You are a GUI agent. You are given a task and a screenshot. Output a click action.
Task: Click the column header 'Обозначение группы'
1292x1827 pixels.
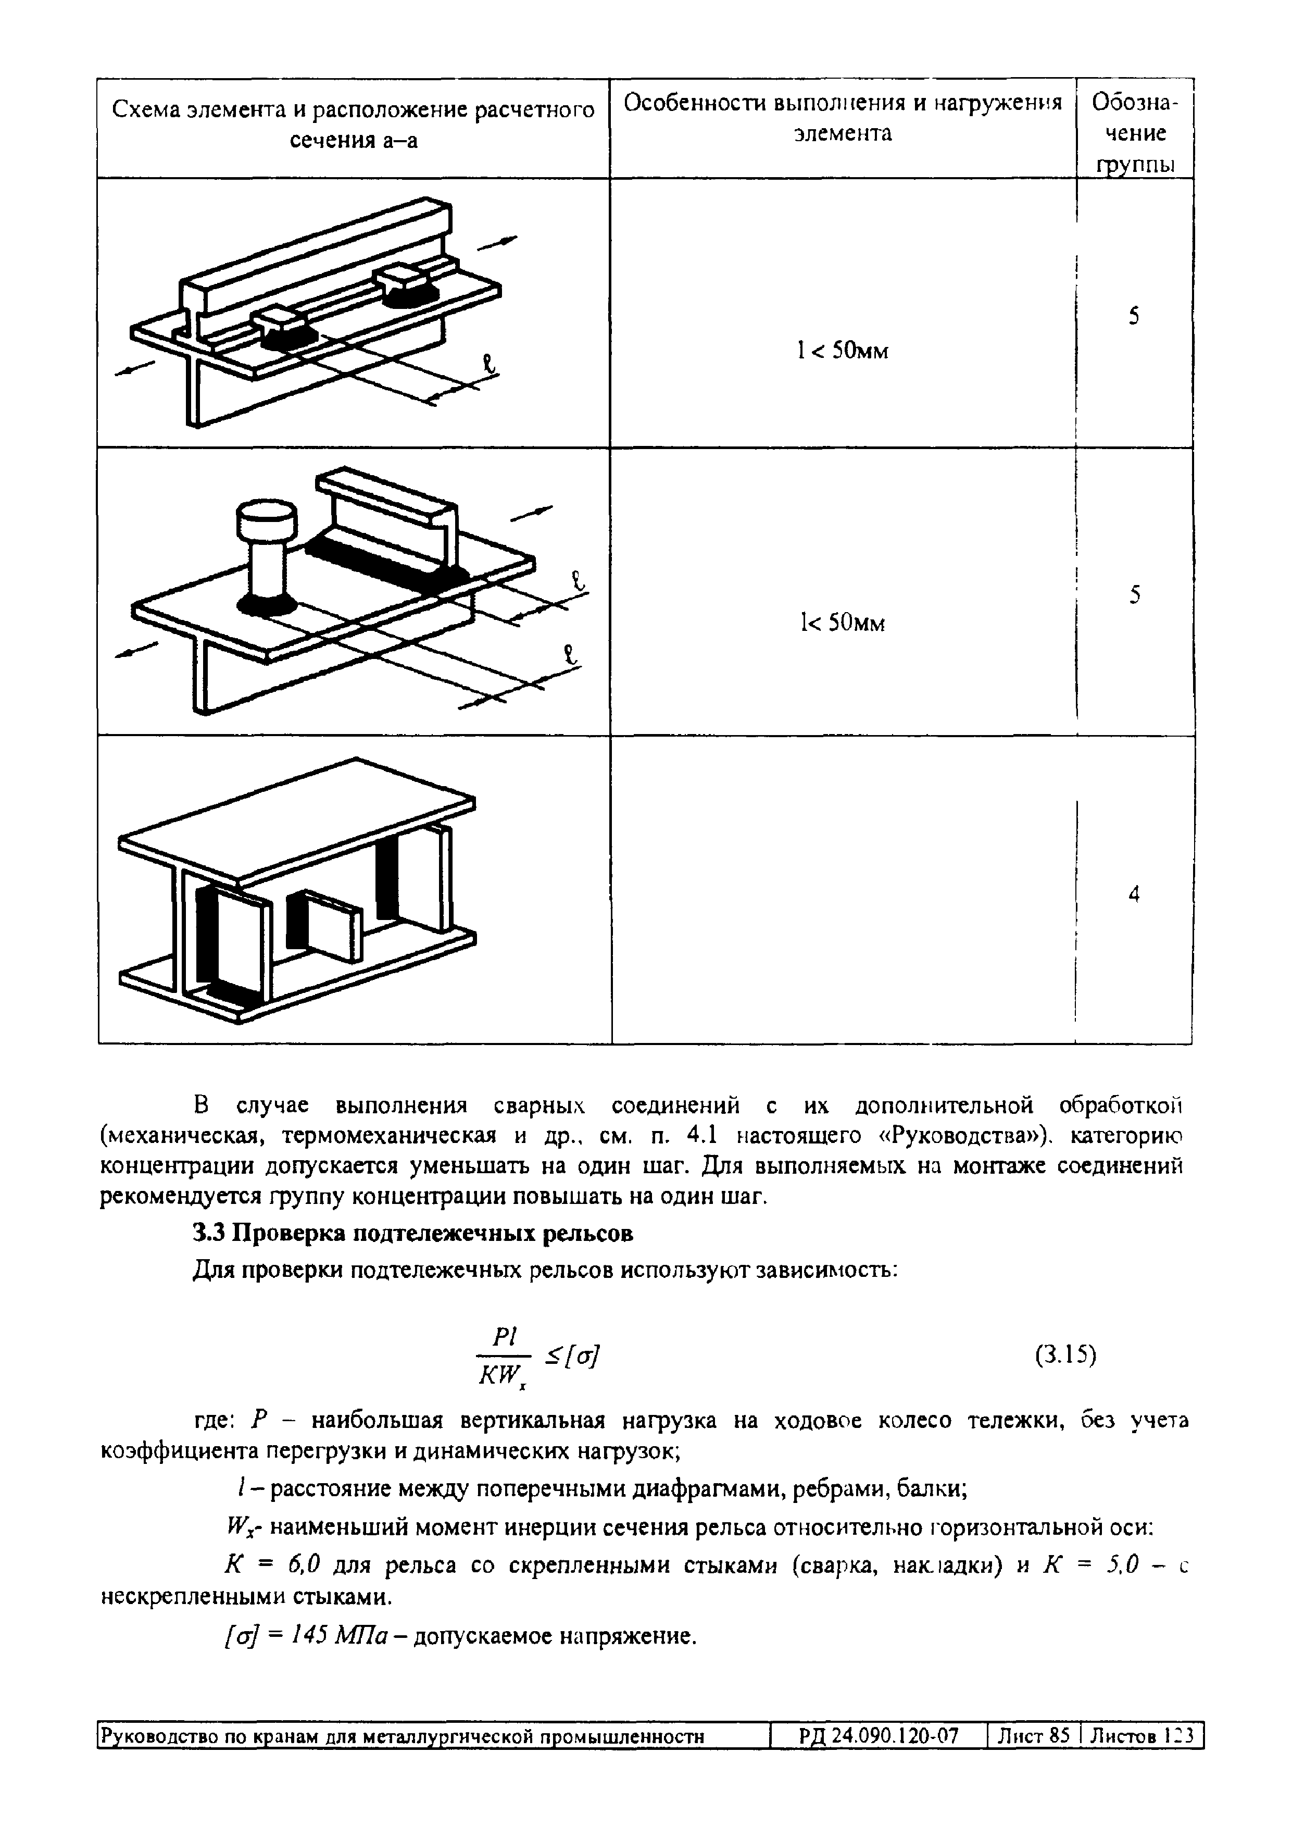click(x=1135, y=133)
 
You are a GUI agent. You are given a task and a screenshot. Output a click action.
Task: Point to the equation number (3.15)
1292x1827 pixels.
click(x=1065, y=1355)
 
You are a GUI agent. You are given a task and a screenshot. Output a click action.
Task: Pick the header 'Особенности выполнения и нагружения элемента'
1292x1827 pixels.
click(x=843, y=118)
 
